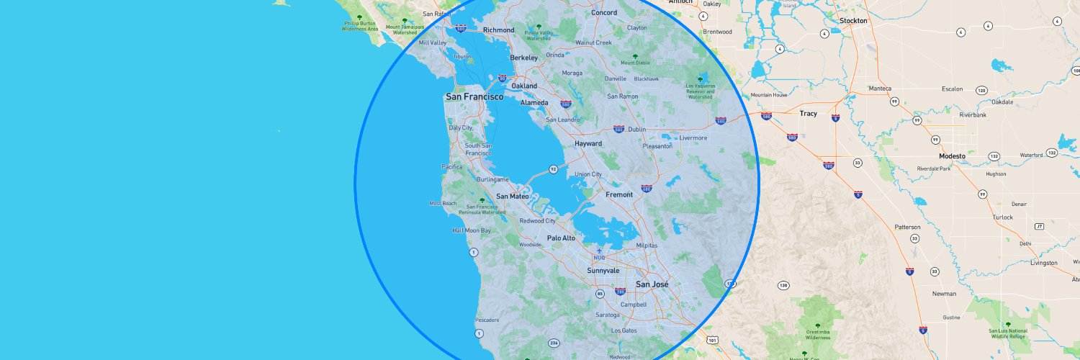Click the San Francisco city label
click(x=474, y=96)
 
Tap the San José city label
click(x=652, y=284)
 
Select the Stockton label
click(x=853, y=21)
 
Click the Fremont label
click(x=619, y=195)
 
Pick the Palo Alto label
click(x=561, y=238)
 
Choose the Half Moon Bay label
click(x=471, y=230)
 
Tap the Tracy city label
click(x=809, y=114)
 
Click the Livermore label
click(x=693, y=138)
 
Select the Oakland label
click(x=524, y=86)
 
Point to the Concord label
click(x=604, y=13)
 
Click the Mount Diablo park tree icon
click(x=634, y=55)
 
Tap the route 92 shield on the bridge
click(x=553, y=169)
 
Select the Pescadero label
click(x=487, y=320)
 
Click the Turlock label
click(x=1002, y=217)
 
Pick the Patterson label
click(x=907, y=227)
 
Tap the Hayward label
click(x=588, y=144)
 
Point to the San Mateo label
click(x=513, y=196)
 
